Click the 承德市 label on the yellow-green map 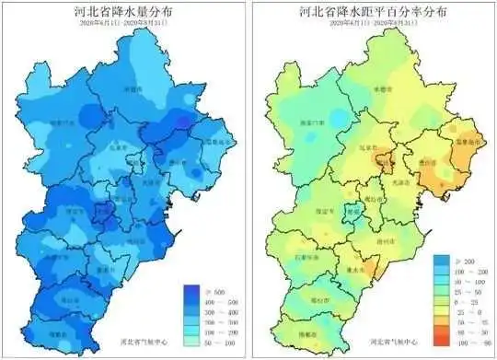click(387, 90)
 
